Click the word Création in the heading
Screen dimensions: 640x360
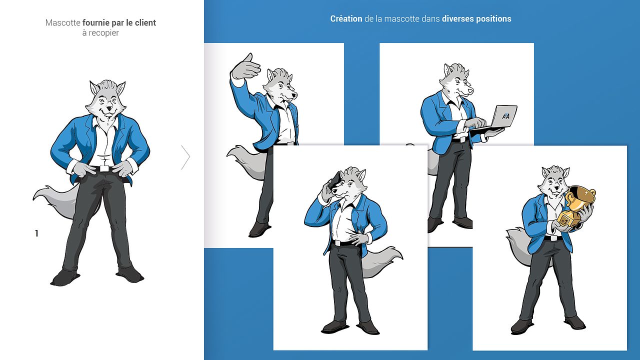click(x=346, y=19)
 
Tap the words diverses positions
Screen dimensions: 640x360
click(x=476, y=19)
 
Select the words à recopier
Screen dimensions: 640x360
click(x=100, y=33)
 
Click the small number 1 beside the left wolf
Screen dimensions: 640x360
click(x=36, y=233)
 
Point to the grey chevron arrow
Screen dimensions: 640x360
click(x=185, y=157)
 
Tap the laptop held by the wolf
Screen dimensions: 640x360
click(x=495, y=118)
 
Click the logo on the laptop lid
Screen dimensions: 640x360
click(x=506, y=116)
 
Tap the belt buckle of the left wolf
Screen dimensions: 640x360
click(x=104, y=168)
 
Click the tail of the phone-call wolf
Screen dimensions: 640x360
click(x=382, y=261)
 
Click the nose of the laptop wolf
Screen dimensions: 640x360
click(x=470, y=91)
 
